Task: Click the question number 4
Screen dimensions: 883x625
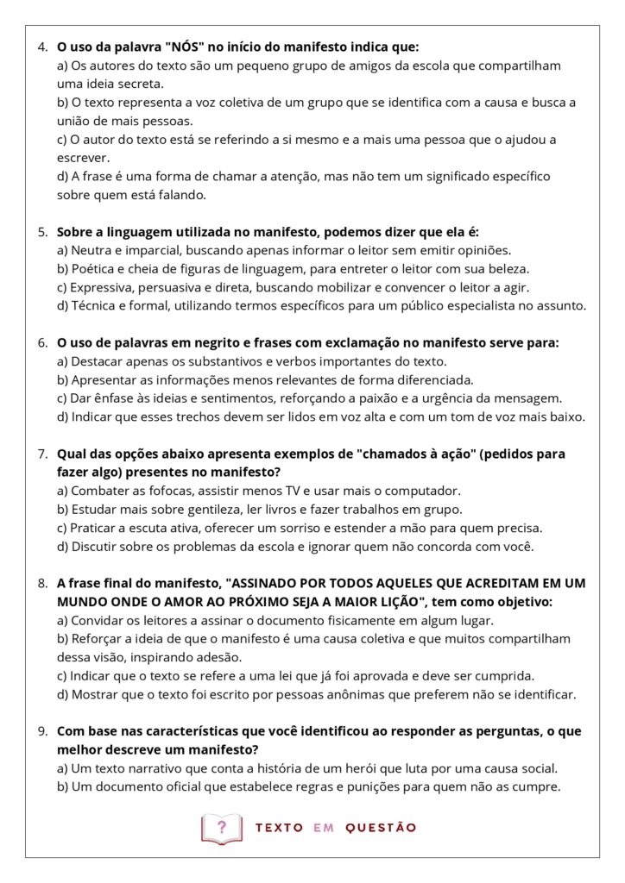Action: tap(42, 47)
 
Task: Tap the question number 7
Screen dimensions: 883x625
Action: tap(42, 454)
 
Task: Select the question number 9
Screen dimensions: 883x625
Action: tap(42, 730)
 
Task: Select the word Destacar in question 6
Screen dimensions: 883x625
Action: tap(98, 361)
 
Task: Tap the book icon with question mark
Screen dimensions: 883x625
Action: tap(222, 828)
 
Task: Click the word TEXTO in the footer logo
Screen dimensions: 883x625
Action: tap(279, 828)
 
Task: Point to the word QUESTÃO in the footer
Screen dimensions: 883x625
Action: tap(381, 828)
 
